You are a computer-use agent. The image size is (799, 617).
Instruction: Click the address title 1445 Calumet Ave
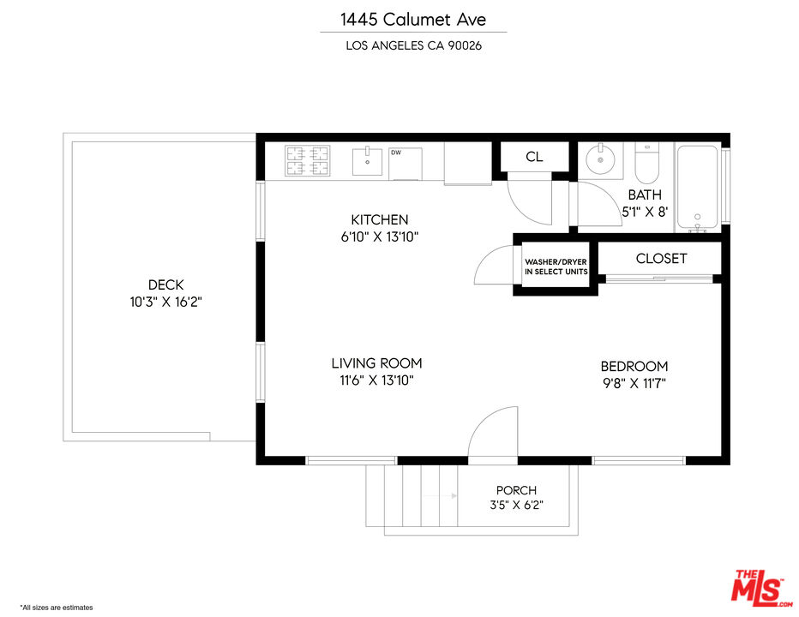(x=413, y=20)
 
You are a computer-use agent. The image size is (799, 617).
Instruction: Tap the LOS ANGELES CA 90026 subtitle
(x=413, y=45)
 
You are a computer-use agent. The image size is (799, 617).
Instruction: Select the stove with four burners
(x=307, y=161)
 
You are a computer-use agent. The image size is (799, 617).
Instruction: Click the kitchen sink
(x=368, y=161)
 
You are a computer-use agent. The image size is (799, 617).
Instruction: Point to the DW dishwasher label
(x=396, y=153)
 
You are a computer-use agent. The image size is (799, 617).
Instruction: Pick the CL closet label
(x=534, y=157)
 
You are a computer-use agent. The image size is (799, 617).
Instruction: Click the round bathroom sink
(x=600, y=159)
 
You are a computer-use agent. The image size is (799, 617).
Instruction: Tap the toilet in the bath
(x=646, y=163)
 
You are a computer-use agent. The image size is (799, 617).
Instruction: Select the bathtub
(x=697, y=189)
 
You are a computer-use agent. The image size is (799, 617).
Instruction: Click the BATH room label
(x=645, y=195)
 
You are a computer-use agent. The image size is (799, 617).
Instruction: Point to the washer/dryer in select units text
(x=556, y=267)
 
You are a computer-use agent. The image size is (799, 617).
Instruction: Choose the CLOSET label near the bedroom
(x=661, y=258)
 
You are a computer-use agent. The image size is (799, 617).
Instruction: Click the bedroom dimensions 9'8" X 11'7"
(x=634, y=383)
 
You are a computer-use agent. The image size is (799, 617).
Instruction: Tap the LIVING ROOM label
(x=376, y=363)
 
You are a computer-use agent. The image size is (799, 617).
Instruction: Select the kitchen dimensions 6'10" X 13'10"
(x=380, y=237)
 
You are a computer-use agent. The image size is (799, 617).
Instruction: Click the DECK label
(x=165, y=285)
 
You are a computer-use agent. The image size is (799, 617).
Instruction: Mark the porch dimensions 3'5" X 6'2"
(x=516, y=506)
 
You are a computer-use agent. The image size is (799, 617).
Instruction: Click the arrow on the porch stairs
(x=440, y=495)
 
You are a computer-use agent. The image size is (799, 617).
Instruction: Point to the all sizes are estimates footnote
(x=57, y=608)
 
